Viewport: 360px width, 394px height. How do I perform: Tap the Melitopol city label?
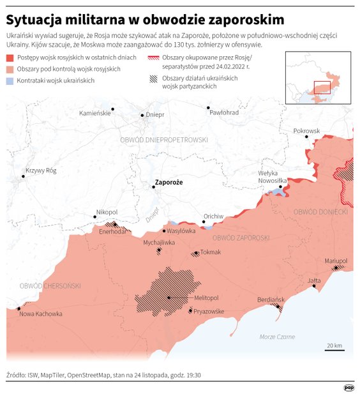pos(206,298)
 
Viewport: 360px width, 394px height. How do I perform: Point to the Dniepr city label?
pos(155,115)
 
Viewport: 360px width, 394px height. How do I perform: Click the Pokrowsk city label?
pos(306,131)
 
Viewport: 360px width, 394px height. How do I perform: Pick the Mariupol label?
pos(335,261)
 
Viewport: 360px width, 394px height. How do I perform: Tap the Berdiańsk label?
pos(270,299)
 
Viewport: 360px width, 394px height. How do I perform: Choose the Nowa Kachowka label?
pos(41,314)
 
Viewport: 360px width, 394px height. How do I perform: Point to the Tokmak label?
pos(210,252)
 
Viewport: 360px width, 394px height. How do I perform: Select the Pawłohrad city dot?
pos(208,109)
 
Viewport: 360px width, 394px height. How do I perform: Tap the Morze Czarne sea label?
pos(277,337)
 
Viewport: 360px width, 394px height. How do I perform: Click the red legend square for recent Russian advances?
pos(10,58)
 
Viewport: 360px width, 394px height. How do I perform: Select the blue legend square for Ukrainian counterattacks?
pos(10,81)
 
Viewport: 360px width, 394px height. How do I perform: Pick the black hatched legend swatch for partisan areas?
pos(153,79)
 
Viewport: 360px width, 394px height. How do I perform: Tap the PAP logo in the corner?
pos(349,386)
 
